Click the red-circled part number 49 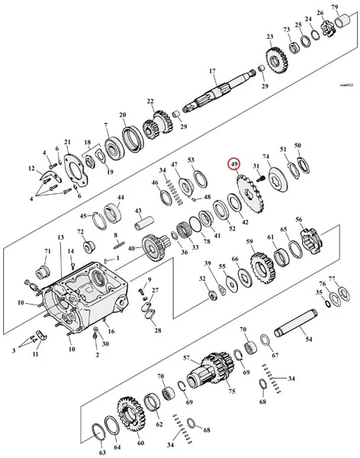(234, 164)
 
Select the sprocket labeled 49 (250, 194)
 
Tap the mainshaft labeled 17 (220, 90)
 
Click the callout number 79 (335, 7)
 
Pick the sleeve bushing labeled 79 (344, 21)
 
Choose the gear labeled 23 (277, 61)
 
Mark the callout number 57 (187, 358)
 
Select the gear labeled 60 (130, 416)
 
